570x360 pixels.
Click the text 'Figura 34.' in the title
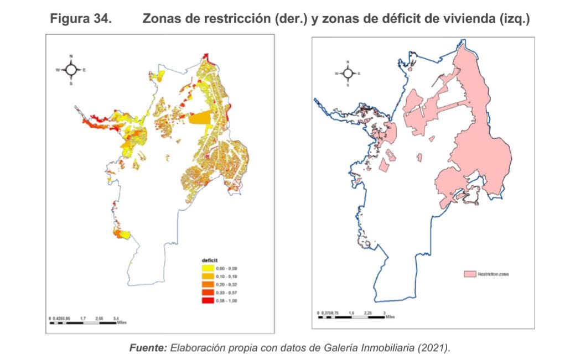[x=81, y=19]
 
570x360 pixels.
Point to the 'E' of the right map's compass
[x=359, y=74]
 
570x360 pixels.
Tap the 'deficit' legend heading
[x=209, y=260]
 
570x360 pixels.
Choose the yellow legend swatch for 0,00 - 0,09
[x=209, y=269]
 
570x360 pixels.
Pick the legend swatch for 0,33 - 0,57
[x=209, y=293]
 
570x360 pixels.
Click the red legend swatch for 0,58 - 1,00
[x=209, y=300]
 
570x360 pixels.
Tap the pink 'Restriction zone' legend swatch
[x=470, y=274]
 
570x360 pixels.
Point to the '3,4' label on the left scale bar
[x=116, y=319]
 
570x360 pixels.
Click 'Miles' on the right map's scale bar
[x=390, y=317]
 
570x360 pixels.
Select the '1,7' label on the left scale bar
[x=82, y=319]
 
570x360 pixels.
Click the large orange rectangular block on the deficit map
[x=200, y=119]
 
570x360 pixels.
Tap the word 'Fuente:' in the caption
[x=148, y=348]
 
